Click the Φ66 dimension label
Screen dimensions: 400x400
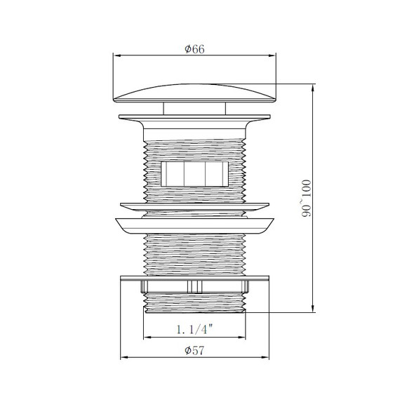(194, 49)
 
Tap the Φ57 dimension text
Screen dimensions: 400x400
(194, 350)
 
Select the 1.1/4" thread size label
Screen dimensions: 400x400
(194, 329)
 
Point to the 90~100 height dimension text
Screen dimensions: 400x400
(307, 199)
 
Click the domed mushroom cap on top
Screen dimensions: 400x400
(194, 93)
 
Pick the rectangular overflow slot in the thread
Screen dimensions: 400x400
(194, 174)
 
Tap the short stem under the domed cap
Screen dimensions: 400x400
(194, 108)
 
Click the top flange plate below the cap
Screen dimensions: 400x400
(194, 116)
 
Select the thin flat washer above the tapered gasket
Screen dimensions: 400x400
(194, 206)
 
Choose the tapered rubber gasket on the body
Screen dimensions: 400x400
(194, 226)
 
